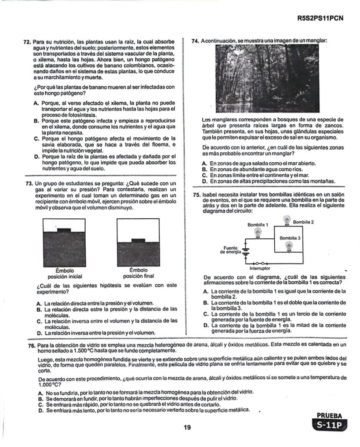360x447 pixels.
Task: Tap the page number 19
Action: pos(187,428)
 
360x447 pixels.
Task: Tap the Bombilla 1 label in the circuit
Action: pos(258,225)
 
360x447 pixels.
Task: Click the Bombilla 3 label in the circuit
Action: pos(290,238)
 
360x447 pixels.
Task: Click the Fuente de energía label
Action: pos(230,250)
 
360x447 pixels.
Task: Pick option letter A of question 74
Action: pos(204,163)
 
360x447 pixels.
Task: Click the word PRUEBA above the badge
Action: pos(330,416)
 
